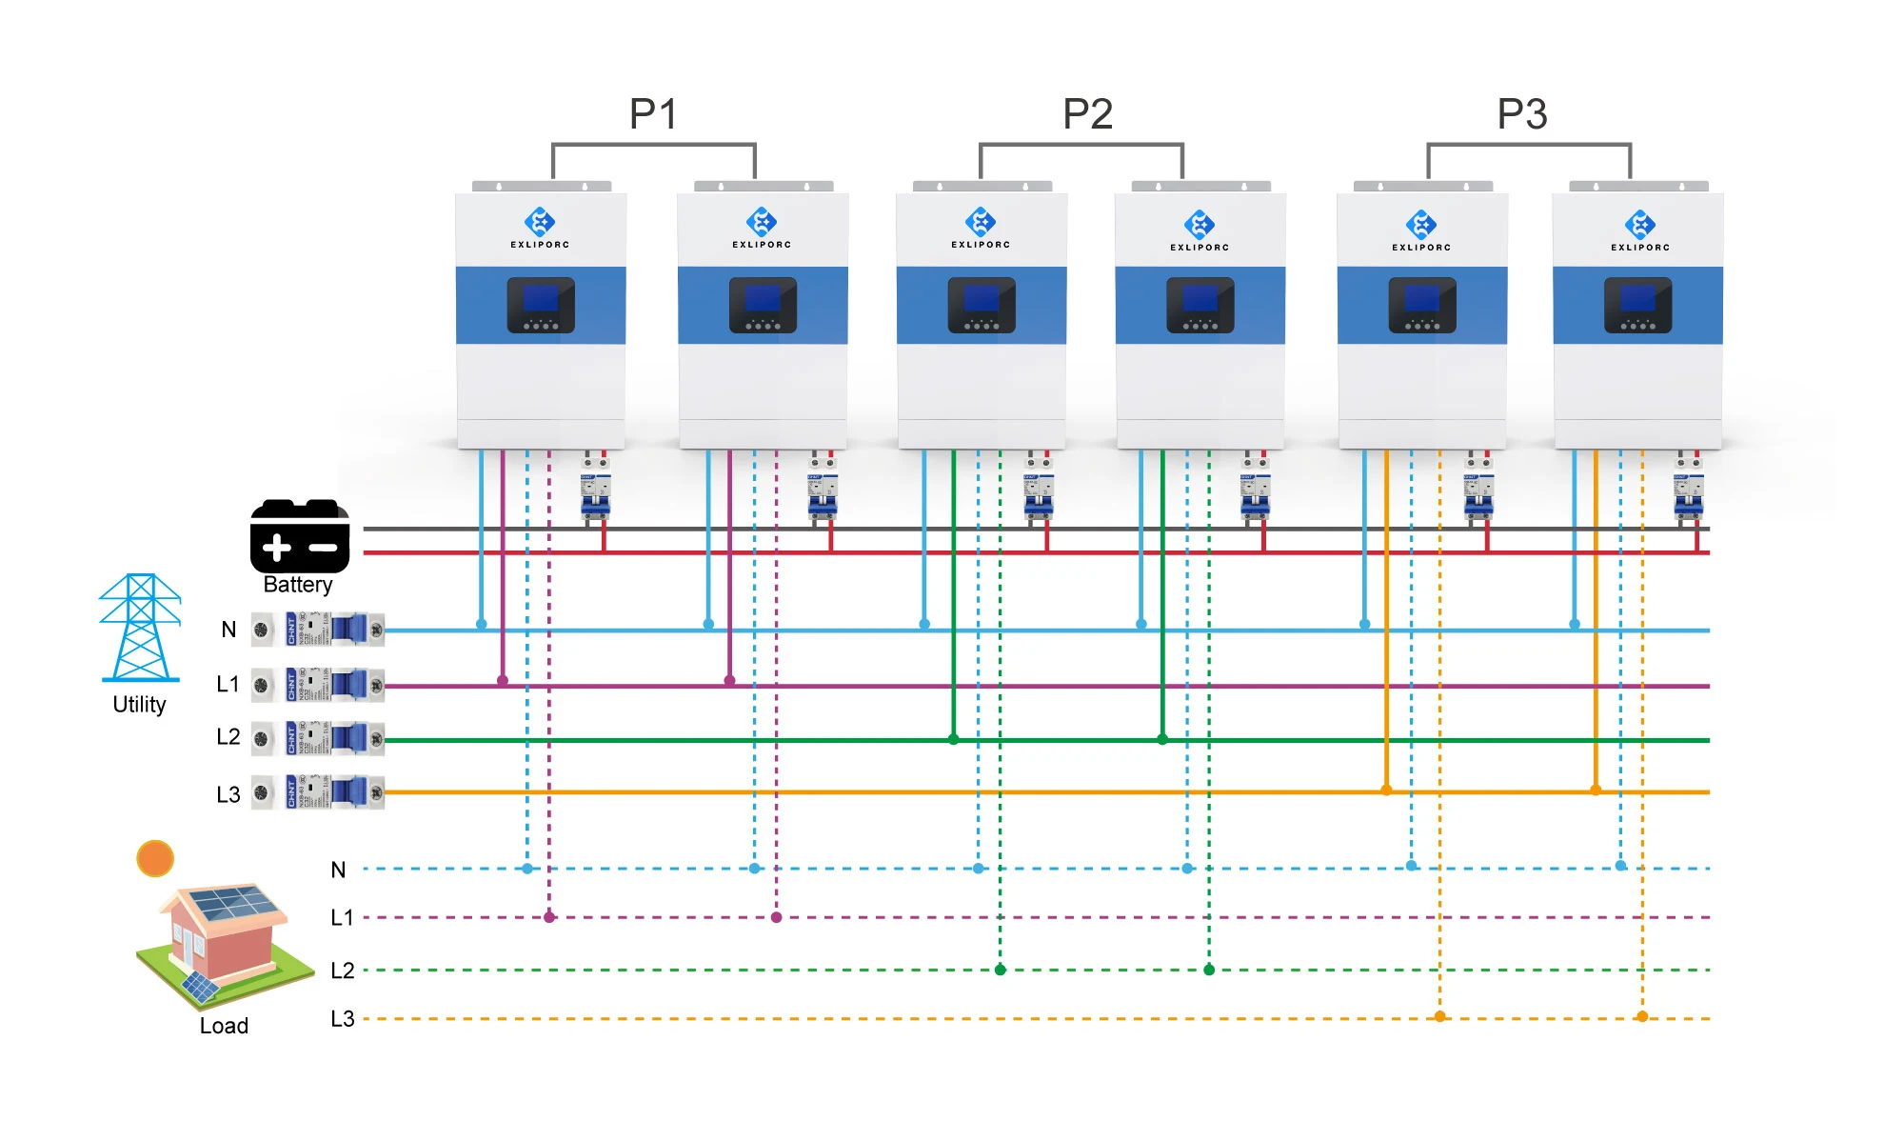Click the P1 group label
653,114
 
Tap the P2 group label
1087,114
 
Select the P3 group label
1521,114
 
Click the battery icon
299,535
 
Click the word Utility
139,705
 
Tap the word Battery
298,585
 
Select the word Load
224,1026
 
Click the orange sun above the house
155,858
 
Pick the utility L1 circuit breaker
318,685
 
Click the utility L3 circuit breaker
318,792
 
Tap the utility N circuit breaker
318,630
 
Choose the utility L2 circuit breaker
318,738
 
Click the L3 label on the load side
342,1019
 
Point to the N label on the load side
338,870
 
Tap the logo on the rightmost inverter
1639,225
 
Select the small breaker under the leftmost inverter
595,491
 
